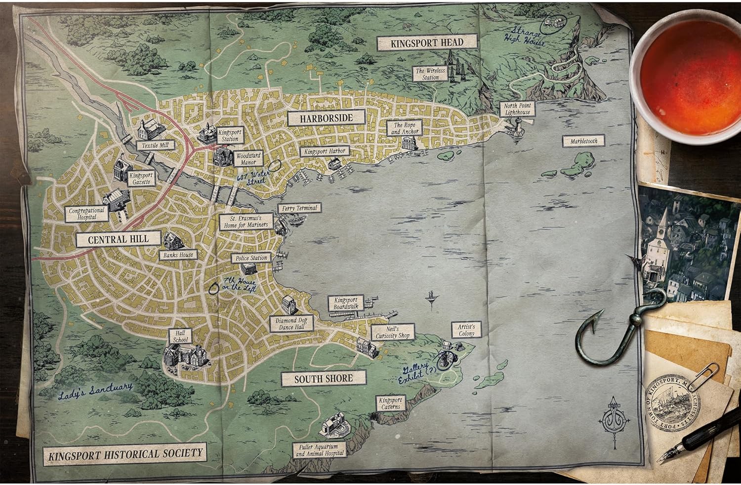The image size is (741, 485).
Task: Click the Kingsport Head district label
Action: tap(427, 42)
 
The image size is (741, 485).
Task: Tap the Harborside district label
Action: tap(327, 118)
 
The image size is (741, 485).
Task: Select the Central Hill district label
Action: tap(112, 240)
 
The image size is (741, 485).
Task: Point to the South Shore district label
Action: tap(324, 378)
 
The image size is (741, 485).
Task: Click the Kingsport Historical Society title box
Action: tap(125, 453)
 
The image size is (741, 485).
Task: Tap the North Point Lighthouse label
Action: tap(517, 109)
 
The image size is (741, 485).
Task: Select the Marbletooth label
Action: tap(584, 141)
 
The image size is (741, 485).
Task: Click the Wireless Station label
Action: tap(430, 74)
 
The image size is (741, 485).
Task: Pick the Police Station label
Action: tap(251, 258)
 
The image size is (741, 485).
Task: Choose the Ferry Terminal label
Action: tap(299, 208)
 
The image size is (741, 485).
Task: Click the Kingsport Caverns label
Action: tap(391, 404)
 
